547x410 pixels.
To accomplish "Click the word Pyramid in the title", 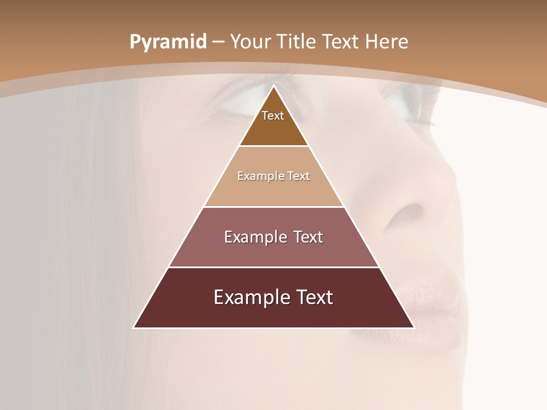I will (168, 42).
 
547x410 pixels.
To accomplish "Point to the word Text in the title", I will (341, 42).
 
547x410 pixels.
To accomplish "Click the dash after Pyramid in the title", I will (218, 42).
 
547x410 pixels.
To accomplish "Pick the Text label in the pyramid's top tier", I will (273, 116).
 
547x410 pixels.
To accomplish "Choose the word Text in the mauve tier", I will (308, 237).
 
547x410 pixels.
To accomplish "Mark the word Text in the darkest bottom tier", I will (313, 297).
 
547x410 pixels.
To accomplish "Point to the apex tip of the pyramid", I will (273, 86).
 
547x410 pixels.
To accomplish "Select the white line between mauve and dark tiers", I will (273, 267).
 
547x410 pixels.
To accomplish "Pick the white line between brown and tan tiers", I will (273, 146).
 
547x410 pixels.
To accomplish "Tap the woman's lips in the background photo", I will (433, 302).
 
